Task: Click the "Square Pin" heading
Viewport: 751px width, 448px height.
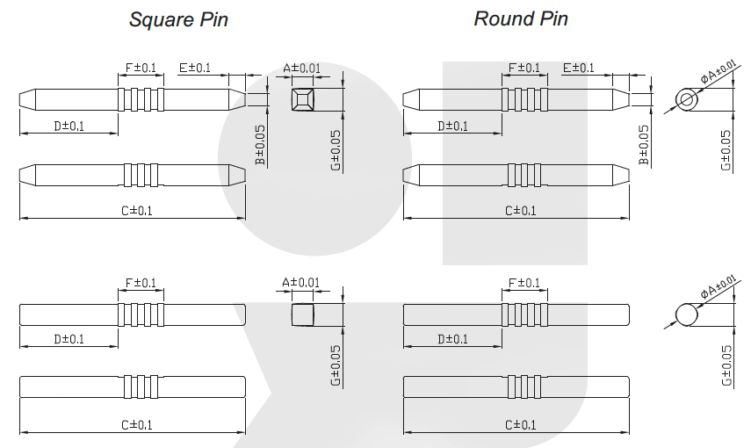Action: tap(178, 19)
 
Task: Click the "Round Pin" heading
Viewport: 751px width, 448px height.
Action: tap(521, 19)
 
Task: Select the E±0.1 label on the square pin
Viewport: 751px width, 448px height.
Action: tap(195, 68)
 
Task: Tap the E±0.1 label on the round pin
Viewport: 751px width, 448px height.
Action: tap(578, 68)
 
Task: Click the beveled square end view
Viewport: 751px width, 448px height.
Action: tap(302, 98)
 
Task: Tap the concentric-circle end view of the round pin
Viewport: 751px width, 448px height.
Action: tap(687, 100)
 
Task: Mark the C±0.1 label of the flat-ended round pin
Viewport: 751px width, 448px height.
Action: tap(520, 425)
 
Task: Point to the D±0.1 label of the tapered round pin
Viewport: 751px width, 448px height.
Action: tap(452, 126)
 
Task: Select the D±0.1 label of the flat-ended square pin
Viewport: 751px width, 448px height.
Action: tap(69, 339)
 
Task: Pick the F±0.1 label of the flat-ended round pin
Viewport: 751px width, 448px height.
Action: tap(524, 283)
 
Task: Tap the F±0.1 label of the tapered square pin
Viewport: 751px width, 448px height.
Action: tap(141, 68)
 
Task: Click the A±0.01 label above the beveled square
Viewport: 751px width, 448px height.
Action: tap(302, 68)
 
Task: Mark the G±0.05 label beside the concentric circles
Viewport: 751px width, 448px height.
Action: tap(726, 149)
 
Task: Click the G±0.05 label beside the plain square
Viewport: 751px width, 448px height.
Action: tap(337, 365)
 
